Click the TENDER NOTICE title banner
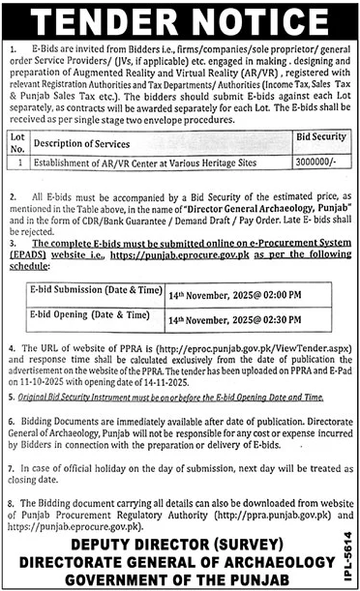[180, 18]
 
